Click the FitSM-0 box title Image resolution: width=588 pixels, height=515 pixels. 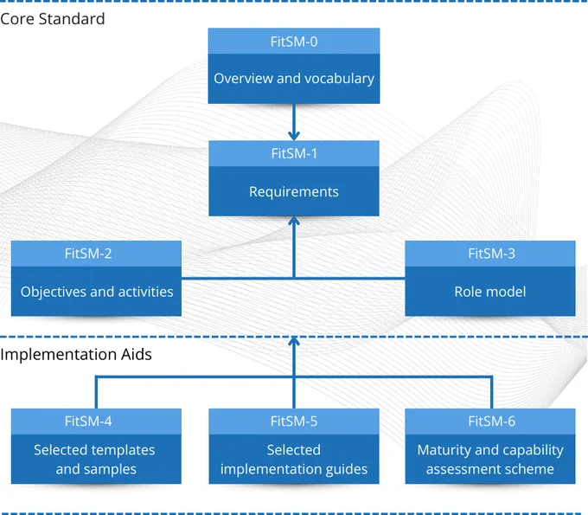tap(294, 42)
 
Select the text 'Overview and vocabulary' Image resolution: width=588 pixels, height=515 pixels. tap(294, 79)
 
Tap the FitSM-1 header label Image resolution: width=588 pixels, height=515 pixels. tap(294, 153)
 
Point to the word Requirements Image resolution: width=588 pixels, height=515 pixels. tap(294, 192)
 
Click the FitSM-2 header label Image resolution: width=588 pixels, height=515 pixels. tap(88, 254)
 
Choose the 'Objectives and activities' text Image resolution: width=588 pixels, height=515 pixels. tap(97, 292)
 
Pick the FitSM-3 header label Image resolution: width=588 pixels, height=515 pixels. tap(492, 254)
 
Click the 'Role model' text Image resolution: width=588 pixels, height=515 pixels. tap(490, 292)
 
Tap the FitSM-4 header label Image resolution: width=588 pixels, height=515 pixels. tap(88, 422)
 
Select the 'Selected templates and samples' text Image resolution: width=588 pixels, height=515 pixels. tap(95, 460)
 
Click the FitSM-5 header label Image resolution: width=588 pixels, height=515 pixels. tap(294, 422)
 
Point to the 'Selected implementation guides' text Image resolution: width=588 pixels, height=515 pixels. tap(294, 460)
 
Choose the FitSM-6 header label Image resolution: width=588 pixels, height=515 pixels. tap(492, 422)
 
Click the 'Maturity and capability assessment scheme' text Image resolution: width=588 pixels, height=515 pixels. tap(490, 460)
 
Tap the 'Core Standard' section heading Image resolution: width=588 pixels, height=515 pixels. tap(53, 19)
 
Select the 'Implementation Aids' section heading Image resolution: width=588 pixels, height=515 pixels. tap(76, 354)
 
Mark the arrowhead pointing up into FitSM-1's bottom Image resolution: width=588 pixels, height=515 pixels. tap(294, 222)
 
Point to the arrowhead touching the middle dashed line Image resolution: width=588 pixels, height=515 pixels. tap(294, 341)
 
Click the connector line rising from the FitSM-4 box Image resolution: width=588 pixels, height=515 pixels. tap(96, 392)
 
